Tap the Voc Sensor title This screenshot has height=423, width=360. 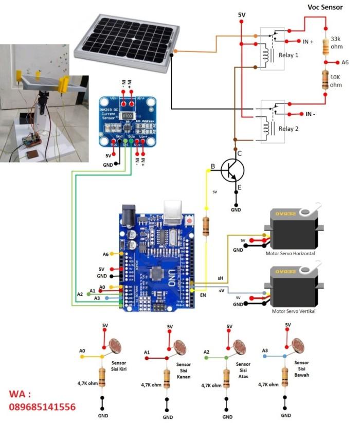pyautogui.click(x=325, y=7)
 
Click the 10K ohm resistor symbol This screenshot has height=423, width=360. pyautogui.click(x=325, y=80)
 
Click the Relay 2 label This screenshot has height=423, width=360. pyautogui.click(x=289, y=129)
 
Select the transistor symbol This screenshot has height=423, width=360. pyautogui.click(x=231, y=172)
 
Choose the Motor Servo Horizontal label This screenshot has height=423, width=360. pyautogui.click(x=290, y=254)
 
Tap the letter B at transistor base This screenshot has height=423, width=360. pyautogui.click(x=212, y=165)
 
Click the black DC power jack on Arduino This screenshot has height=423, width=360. pyautogui.click(x=128, y=216)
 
